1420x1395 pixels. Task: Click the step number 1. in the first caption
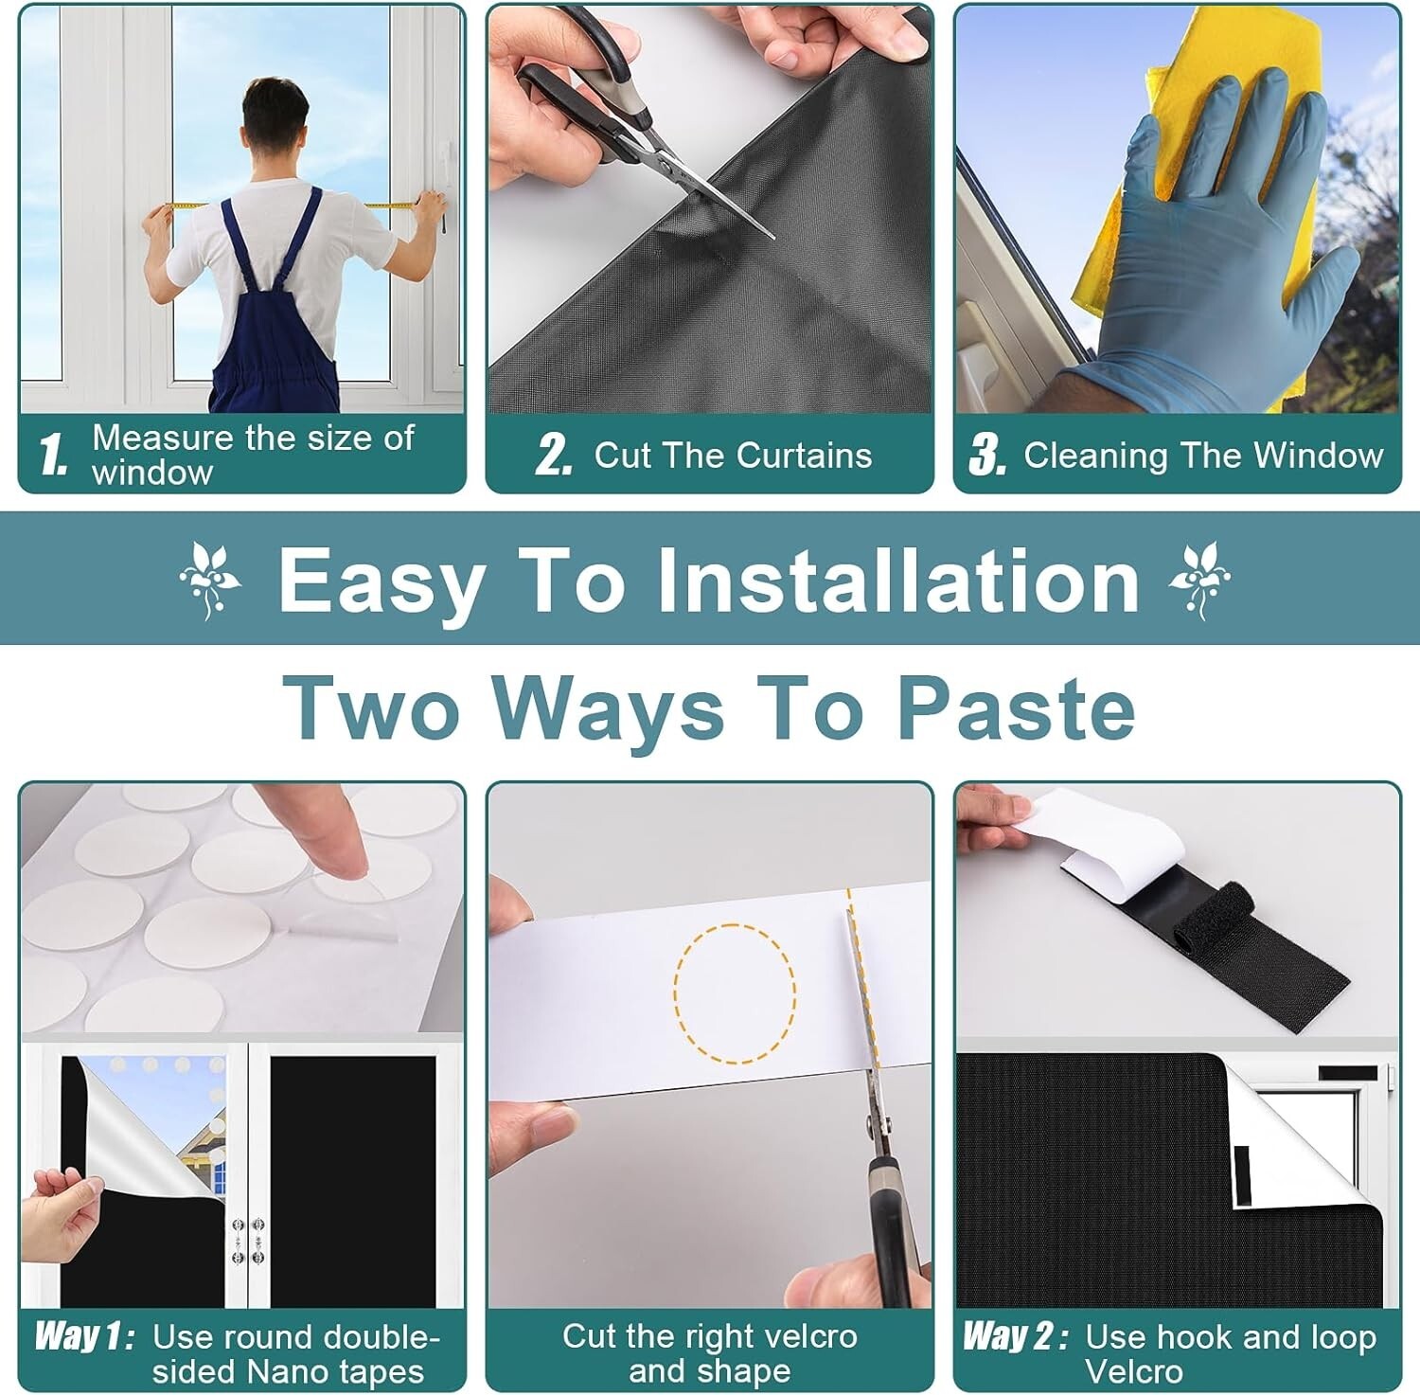click(x=53, y=455)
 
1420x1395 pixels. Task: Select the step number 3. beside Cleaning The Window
click(x=987, y=455)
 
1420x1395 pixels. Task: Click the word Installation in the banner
click(x=897, y=581)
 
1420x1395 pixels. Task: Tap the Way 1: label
click(x=84, y=1336)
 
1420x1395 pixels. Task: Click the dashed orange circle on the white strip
click(x=735, y=993)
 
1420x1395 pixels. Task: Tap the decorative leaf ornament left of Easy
click(x=209, y=581)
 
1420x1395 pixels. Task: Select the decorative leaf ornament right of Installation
click(x=1199, y=581)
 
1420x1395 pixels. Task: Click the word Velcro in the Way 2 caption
click(x=1133, y=1371)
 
